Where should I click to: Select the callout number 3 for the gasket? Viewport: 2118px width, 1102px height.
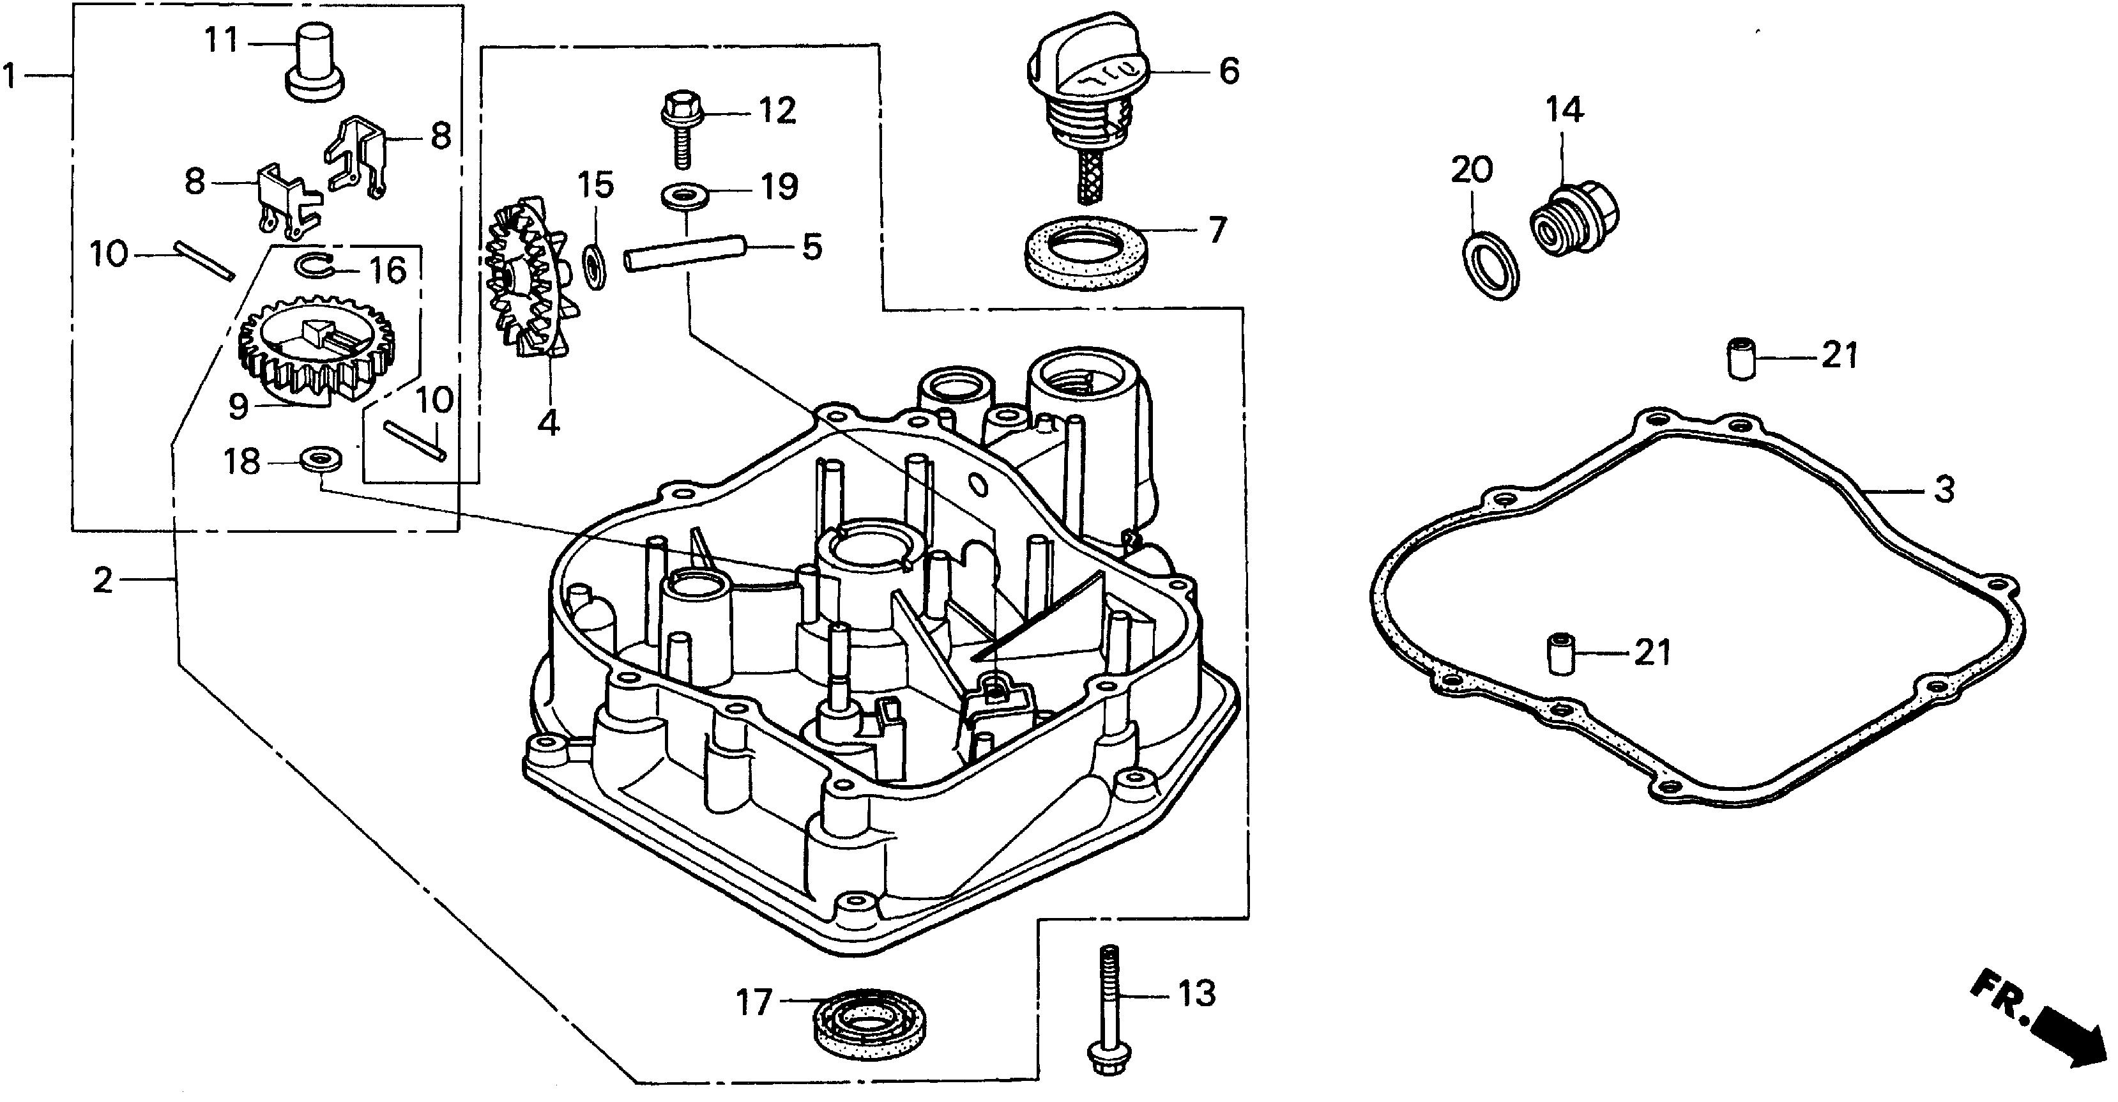click(x=1944, y=490)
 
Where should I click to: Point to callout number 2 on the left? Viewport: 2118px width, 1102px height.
click(x=102, y=581)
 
